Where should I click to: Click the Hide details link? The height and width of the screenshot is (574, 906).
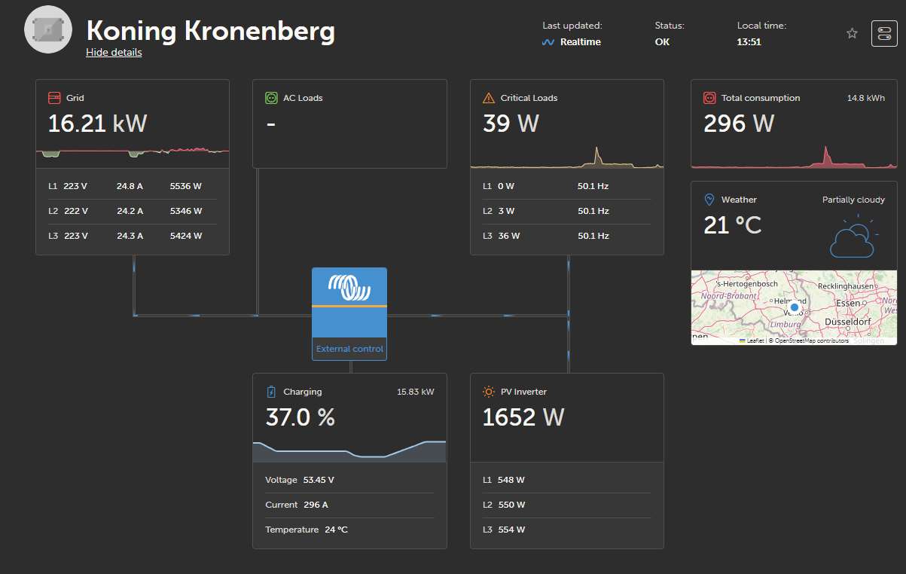tap(114, 52)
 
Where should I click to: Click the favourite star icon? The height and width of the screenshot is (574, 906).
tap(852, 33)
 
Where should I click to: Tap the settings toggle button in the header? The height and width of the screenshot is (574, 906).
tap(884, 34)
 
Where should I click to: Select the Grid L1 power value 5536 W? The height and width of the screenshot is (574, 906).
tap(186, 186)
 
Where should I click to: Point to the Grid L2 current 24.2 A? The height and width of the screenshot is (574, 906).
tap(130, 211)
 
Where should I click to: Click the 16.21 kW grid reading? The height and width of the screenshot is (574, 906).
tap(97, 124)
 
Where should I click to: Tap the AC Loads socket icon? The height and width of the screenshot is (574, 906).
tap(271, 98)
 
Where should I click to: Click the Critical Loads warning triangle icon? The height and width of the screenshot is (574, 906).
tap(488, 98)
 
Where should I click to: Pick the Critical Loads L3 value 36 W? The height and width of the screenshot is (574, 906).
tap(508, 236)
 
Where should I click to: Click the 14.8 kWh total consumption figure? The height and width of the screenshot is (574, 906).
tap(866, 98)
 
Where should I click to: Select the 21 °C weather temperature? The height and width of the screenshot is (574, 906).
tap(732, 224)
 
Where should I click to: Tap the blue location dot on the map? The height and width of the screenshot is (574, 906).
tap(794, 307)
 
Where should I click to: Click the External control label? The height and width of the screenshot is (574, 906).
tap(349, 349)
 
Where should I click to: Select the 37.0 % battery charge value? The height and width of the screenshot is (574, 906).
tap(300, 417)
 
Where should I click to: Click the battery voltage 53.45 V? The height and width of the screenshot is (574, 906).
tap(319, 480)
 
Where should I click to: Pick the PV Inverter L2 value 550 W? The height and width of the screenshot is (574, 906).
tap(511, 505)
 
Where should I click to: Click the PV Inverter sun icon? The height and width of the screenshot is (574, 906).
tap(488, 392)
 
